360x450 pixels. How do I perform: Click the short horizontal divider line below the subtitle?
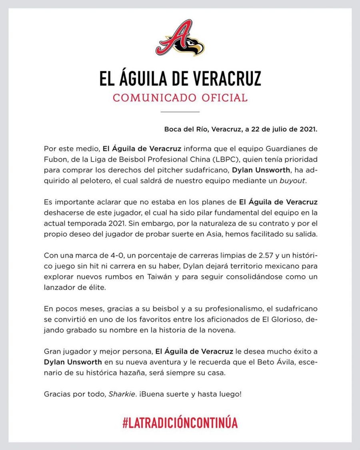[x=180, y=112]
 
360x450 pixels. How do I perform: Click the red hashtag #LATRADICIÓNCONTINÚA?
[x=180, y=422]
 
